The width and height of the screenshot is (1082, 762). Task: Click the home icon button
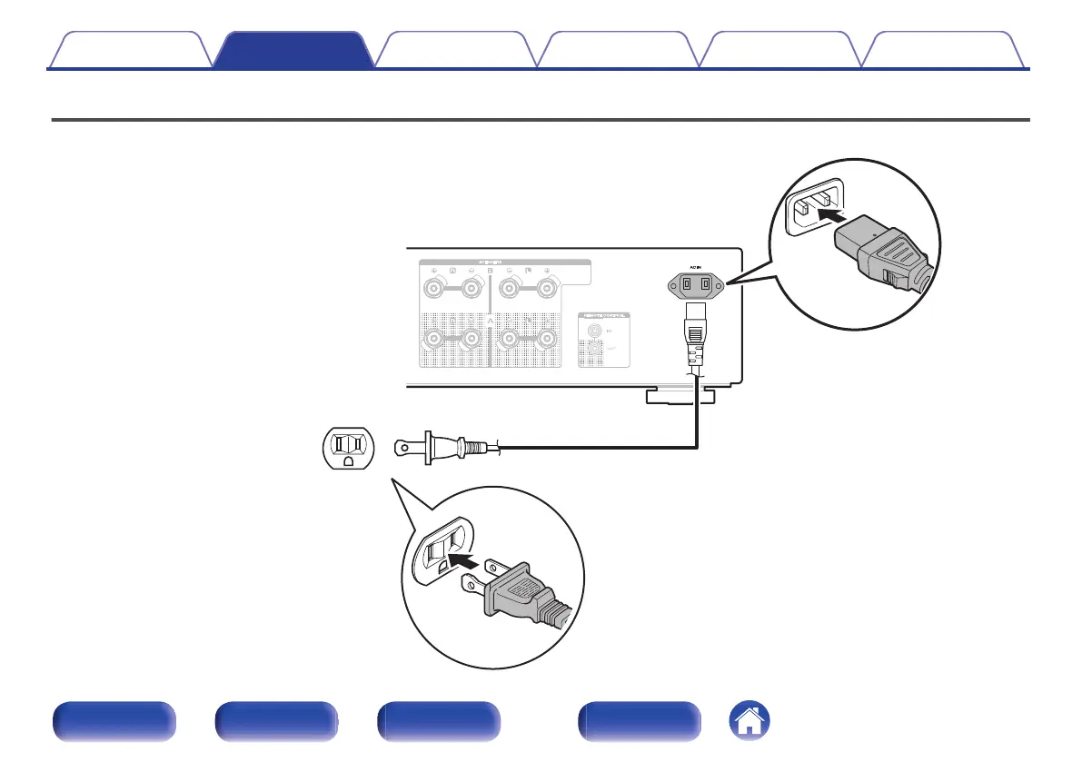click(x=748, y=723)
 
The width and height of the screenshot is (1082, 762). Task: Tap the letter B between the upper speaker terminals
click(x=491, y=271)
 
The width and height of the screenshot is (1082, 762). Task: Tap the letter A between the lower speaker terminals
click(x=491, y=322)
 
